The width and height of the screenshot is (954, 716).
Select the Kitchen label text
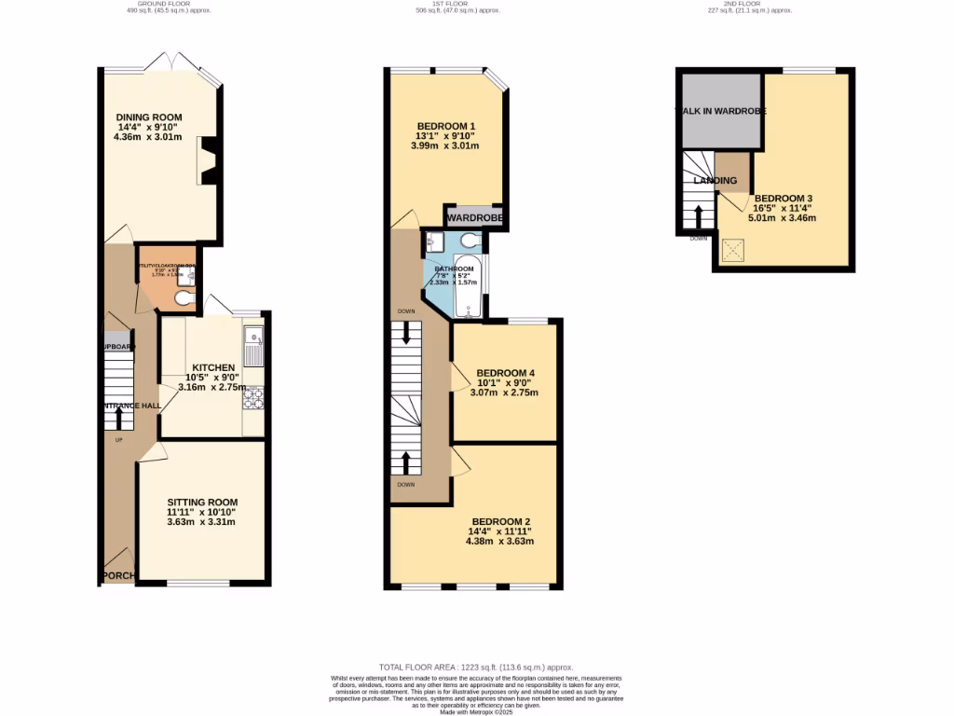[212, 367]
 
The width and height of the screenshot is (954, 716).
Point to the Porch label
[118, 575]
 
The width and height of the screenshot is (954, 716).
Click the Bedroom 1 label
[446, 127]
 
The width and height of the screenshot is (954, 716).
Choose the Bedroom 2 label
[500, 521]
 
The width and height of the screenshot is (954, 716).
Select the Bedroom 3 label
[784, 199]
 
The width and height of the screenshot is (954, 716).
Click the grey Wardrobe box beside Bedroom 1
[475, 218]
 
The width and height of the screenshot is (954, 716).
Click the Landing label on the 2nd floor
[715, 180]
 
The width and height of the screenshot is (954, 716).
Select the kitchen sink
[253, 347]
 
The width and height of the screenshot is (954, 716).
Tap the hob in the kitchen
[253, 399]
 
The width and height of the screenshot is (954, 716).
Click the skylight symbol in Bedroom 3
[735, 250]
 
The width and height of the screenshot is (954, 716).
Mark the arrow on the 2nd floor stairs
[699, 218]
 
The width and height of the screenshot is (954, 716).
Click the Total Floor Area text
[476, 668]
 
